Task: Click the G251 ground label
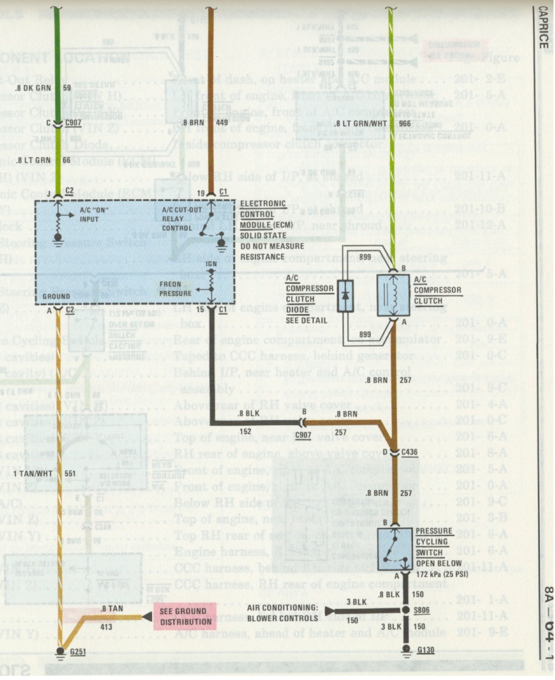(78, 652)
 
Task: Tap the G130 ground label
(425, 650)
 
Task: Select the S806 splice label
(422, 610)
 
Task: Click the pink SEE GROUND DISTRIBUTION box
(185, 616)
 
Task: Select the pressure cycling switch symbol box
(395, 549)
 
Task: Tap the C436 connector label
(409, 452)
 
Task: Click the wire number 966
(405, 123)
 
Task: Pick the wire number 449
(222, 123)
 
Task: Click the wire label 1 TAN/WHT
(33, 474)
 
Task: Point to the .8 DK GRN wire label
(33, 88)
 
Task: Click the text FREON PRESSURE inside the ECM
(176, 289)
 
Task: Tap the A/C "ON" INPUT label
(94, 214)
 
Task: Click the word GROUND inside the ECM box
(56, 296)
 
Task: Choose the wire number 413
(106, 627)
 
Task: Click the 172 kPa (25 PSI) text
(442, 574)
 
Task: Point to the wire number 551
(70, 474)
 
